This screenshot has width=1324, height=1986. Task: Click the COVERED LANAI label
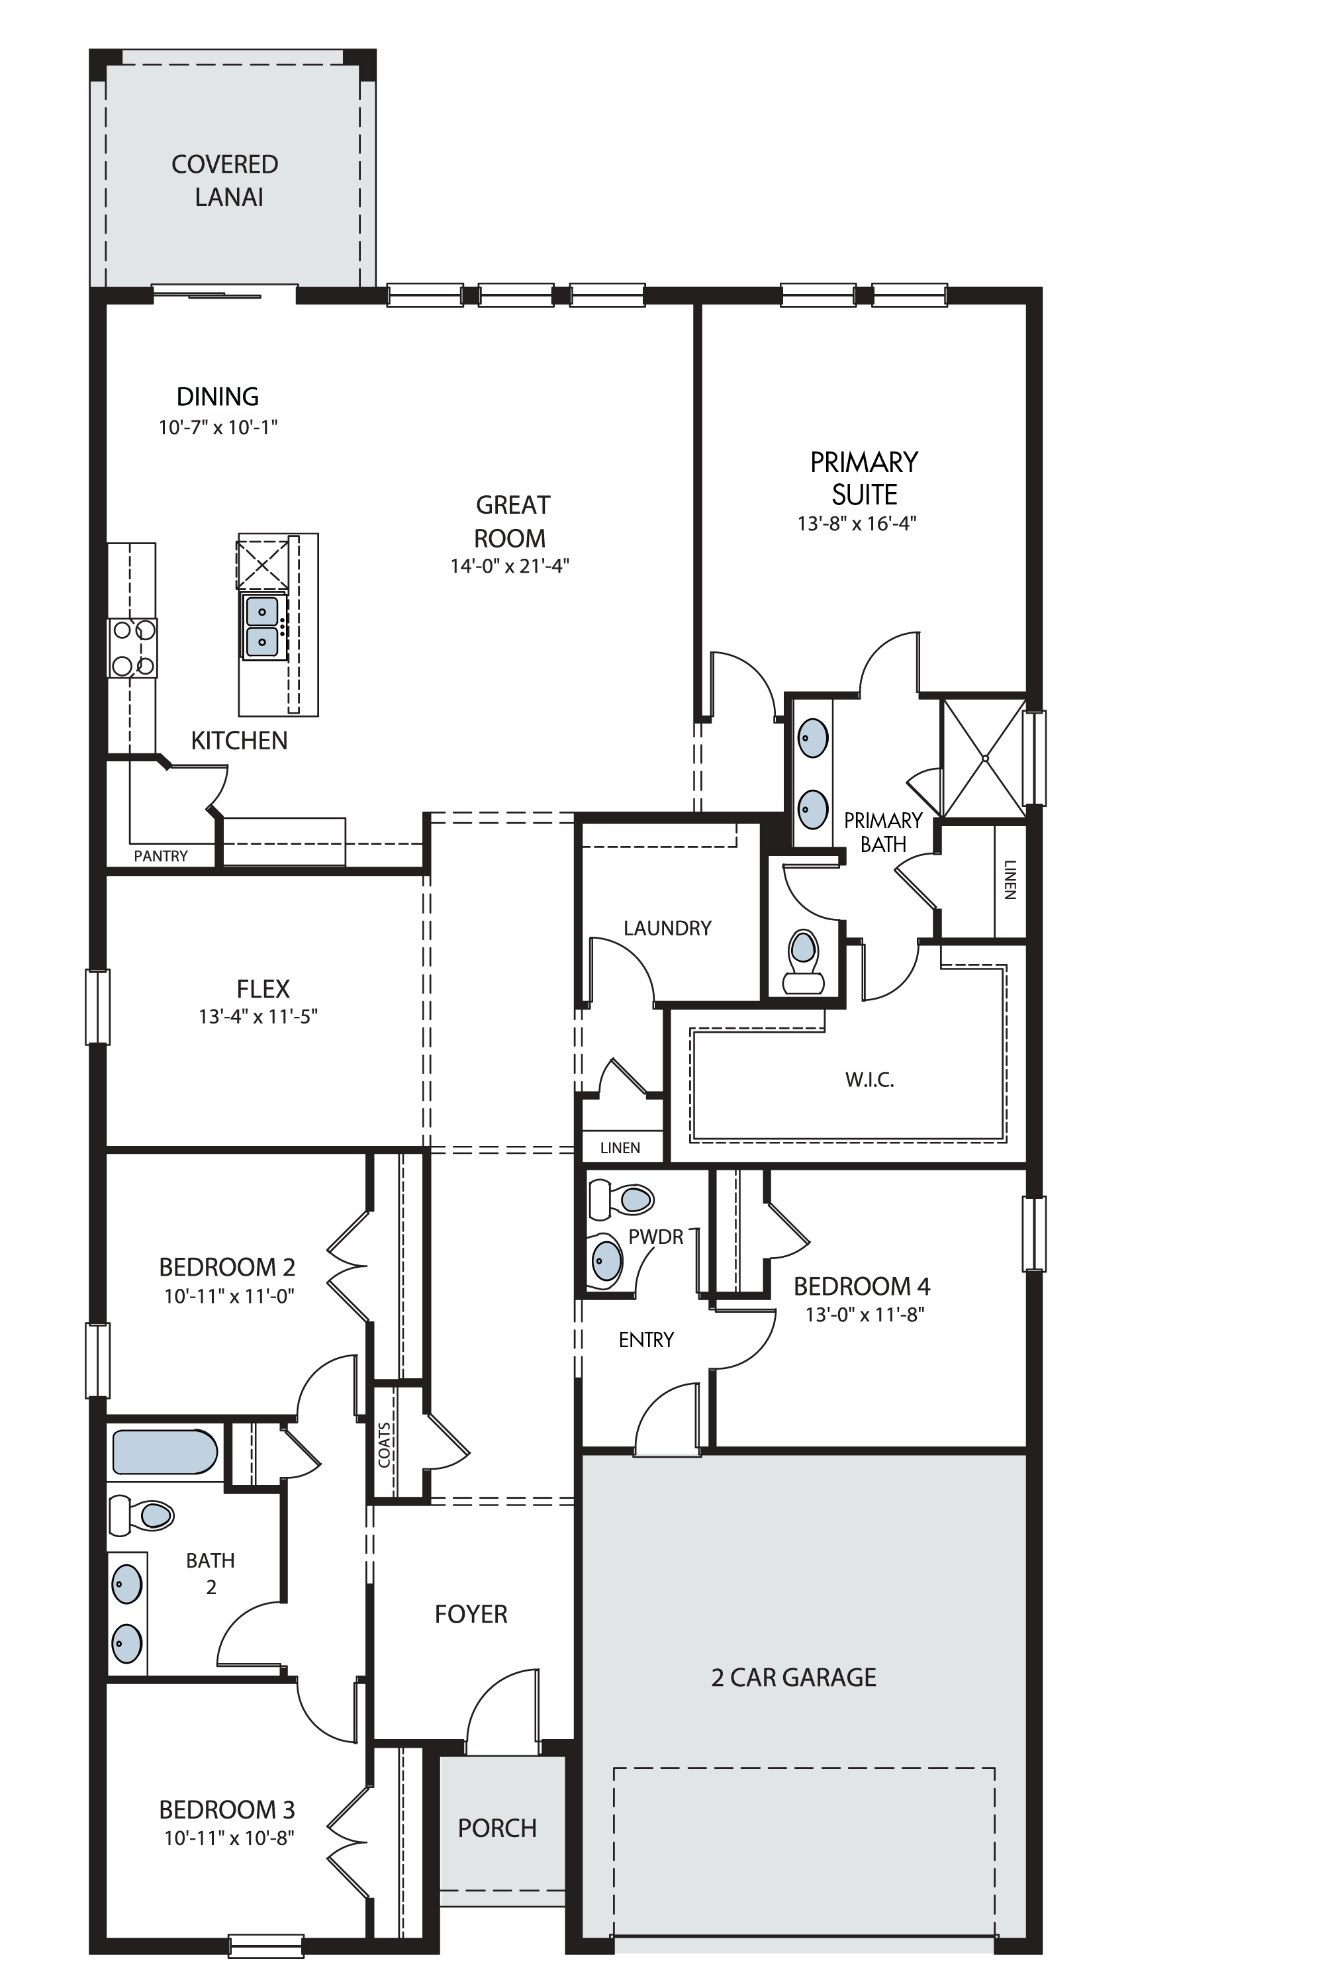[x=226, y=180]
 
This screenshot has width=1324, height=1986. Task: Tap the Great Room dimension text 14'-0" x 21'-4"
[x=510, y=566]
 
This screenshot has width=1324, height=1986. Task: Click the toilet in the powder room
[x=622, y=1199]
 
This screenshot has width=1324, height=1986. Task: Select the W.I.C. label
[x=870, y=1079]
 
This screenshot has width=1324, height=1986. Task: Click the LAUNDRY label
[x=667, y=928]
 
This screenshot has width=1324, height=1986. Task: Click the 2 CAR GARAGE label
[x=794, y=1677]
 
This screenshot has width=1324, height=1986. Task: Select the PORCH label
[x=497, y=1828]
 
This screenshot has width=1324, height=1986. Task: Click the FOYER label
[x=471, y=1615]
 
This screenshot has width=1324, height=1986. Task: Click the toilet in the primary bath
[x=803, y=962]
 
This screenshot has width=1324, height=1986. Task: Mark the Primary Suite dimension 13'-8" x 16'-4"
[x=857, y=524]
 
